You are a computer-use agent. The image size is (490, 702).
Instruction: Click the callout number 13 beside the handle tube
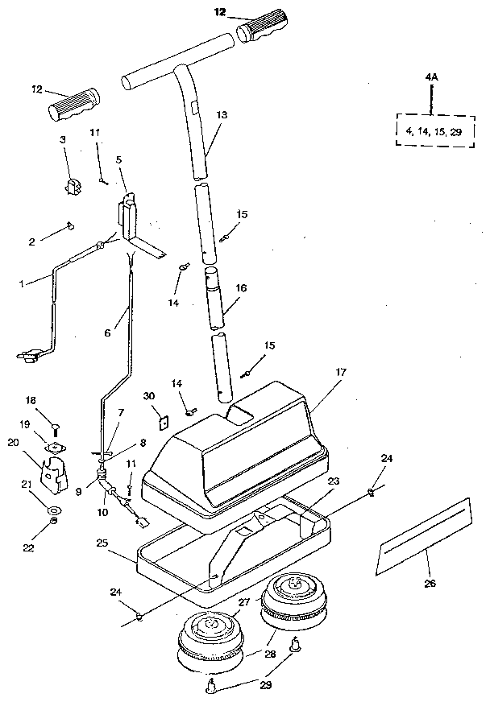pyautogui.click(x=222, y=115)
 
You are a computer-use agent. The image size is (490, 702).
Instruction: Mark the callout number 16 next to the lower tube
pyautogui.click(x=240, y=287)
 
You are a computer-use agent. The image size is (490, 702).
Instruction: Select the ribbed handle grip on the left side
pyautogui.click(x=74, y=104)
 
